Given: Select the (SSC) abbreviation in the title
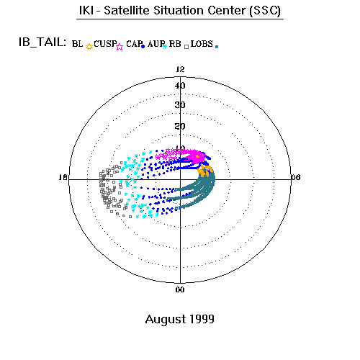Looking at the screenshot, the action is [265, 11].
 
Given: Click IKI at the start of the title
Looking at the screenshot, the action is [86, 11].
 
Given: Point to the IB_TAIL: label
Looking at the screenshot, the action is [42, 42].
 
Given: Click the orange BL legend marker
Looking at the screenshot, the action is [89, 47].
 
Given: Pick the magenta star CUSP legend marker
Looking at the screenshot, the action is [120, 47].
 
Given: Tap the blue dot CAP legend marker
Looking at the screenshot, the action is [143, 47].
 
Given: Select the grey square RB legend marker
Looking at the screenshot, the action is [186, 47].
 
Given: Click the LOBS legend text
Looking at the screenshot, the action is [202, 44].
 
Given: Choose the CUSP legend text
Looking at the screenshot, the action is [105, 44].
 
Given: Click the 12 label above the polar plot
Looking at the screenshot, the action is [180, 69].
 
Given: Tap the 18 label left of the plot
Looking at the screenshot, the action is [63, 177].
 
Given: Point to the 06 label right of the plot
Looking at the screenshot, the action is [296, 177].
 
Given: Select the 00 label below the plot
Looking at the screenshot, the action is [180, 289].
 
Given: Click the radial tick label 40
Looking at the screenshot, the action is [180, 86].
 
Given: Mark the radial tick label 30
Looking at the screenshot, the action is [180, 105].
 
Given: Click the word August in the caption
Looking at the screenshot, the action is [166, 320].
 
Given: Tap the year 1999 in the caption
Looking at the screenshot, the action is [202, 319].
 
